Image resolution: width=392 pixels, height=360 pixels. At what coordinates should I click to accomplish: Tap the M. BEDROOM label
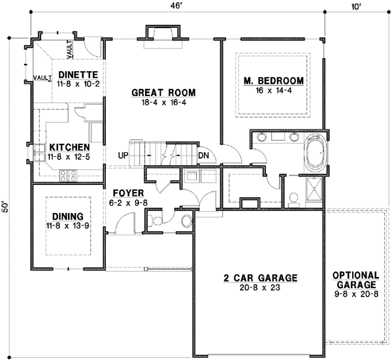click(x=274, y=81)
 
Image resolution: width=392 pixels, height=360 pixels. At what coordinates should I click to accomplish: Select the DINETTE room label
click(x=78, y=74)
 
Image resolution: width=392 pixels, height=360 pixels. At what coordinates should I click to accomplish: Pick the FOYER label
click(x=123, y=193)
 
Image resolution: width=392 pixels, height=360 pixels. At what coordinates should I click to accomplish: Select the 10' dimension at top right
click(x=355, y=6)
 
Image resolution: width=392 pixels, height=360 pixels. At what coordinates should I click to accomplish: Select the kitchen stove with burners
click(x=69, y=174)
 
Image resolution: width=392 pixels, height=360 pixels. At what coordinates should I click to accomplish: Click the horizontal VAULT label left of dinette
click(x=42, y=78)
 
